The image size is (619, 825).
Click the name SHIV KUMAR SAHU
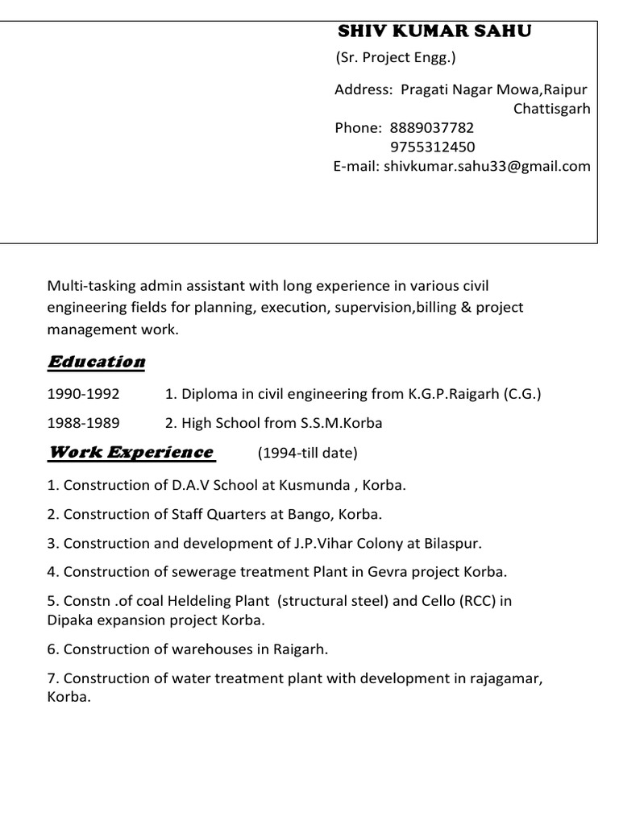point(434,31)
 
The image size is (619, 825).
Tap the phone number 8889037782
point(432,128)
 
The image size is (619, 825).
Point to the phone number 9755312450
point(432,147)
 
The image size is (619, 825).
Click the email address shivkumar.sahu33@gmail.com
point(487,167)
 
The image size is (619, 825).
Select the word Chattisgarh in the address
point(552,109)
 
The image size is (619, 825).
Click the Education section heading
point(97,362)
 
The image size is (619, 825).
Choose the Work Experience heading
point(131,452)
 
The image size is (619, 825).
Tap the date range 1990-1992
point(83,394)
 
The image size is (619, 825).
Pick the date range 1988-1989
point(83,423)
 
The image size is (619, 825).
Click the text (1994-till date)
point(307,454)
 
